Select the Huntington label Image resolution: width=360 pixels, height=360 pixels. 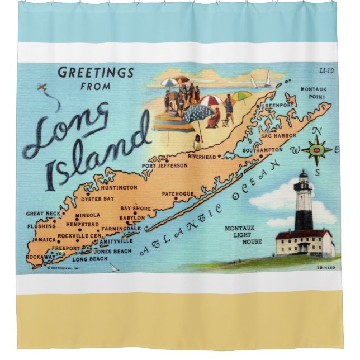click(x=119, y=187)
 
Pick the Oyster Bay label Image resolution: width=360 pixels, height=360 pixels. click(x=97, y=199)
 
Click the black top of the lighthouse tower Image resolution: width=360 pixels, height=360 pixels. click(x=303, y=178)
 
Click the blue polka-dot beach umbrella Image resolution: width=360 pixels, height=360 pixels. click(x=197, y=114)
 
